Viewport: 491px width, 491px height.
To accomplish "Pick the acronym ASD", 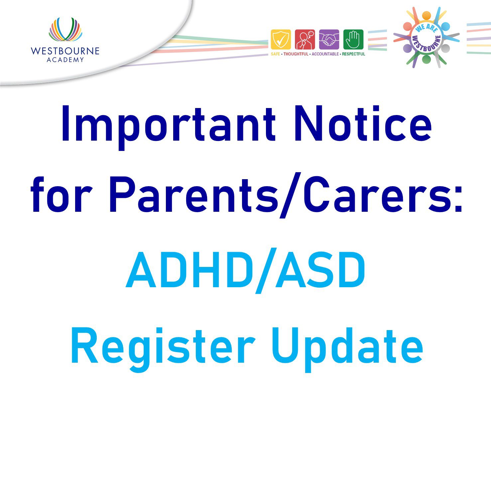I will point(321,270).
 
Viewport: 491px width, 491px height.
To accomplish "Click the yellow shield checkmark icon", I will point(281,40).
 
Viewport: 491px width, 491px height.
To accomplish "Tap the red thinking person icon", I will point(305,40).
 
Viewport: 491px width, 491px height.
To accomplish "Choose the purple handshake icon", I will point(329,40).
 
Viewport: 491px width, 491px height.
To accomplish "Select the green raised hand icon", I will point(353,40).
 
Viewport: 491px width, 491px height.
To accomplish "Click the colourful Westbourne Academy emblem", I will point(65,30).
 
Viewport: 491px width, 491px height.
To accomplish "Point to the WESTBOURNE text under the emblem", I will point(65,51).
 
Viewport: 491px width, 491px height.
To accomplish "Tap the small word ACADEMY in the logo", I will point(65,60).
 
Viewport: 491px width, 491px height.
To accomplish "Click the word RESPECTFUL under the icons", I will point(354,54).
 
